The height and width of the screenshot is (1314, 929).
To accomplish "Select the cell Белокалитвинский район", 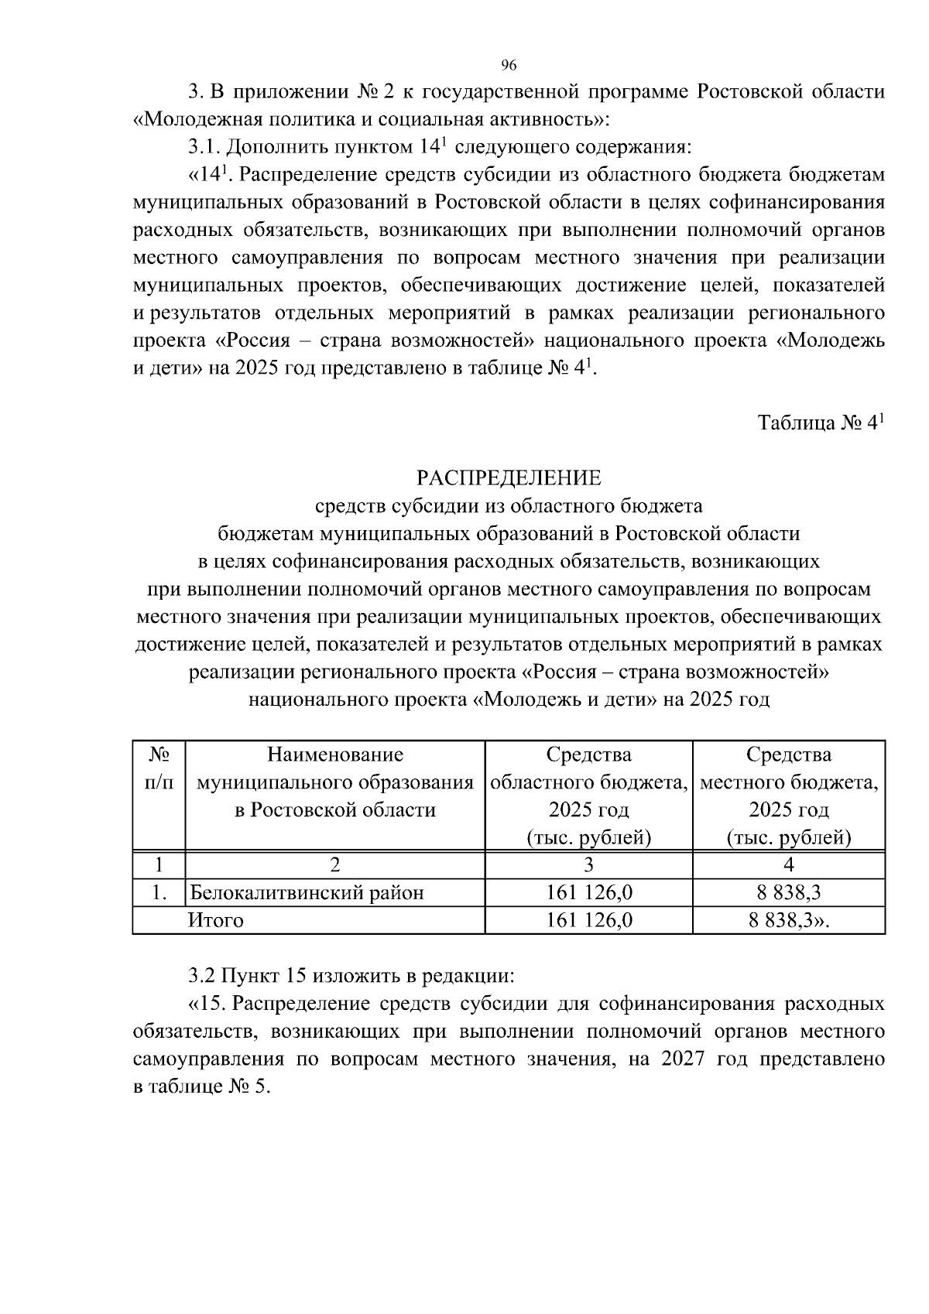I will pos(307,893).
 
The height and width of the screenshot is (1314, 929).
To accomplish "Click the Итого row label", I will pos(215,920).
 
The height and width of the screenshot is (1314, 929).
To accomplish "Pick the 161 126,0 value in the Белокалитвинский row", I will pos(588,893).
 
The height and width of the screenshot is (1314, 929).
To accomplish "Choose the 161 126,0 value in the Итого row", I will pos(588,920).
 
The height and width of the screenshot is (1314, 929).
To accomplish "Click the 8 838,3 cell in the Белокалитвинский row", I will pos(788,893).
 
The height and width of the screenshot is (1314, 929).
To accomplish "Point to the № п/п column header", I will pos(159,768).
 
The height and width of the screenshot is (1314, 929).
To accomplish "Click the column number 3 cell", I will pos(588,865).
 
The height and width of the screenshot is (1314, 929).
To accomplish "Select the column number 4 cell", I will pos(788,865).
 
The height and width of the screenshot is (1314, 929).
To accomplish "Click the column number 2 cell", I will pos(334,865).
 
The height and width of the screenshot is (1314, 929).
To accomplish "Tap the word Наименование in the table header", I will pos(334,754).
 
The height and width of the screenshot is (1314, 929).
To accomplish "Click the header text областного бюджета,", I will pos(588,782).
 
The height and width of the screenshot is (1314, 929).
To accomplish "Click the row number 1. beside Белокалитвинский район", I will pos(159,893).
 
